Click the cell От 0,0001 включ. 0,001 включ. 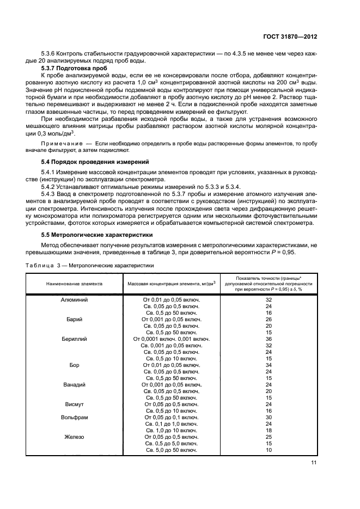172,339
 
